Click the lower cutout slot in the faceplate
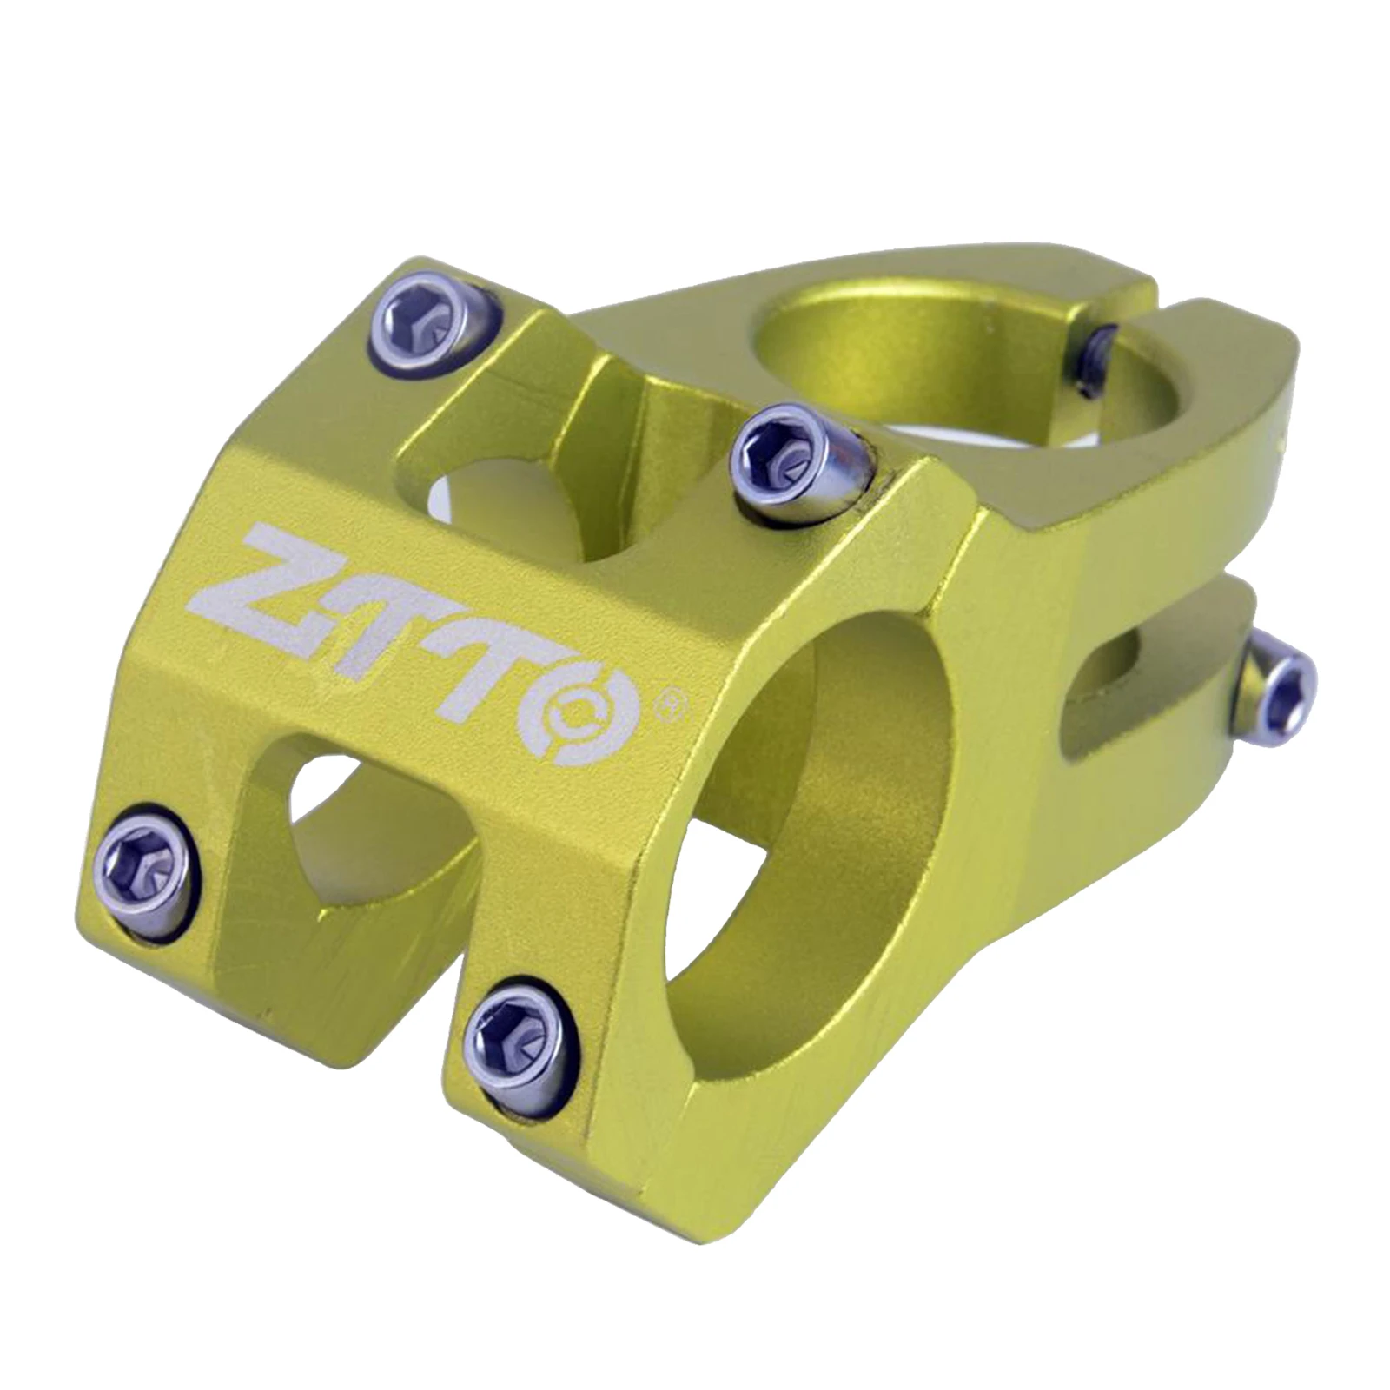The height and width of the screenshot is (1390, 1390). pyautogui.click(x=365, y=825)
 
